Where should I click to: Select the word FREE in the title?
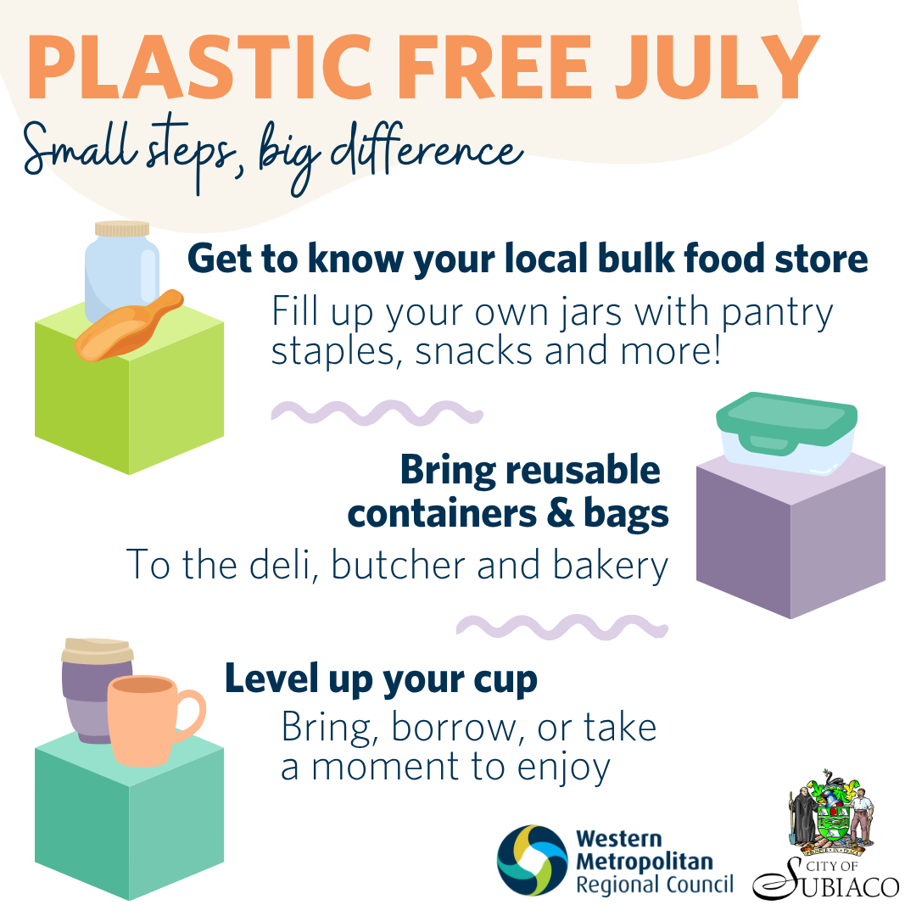click(x=494, y=67)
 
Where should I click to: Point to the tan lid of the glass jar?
click(x=122, y=228)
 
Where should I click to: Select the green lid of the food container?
click(x=786, y=420)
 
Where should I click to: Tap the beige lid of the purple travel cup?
click(x=98, y=651)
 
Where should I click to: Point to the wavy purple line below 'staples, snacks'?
click(x=377, y=412)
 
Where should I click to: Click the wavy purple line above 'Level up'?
click(x=562, y=627)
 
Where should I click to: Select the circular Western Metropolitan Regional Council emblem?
click(x=532, y=860)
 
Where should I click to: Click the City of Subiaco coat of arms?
click(x=831, y=813)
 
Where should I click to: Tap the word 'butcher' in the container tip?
click(x=399, y=565)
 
